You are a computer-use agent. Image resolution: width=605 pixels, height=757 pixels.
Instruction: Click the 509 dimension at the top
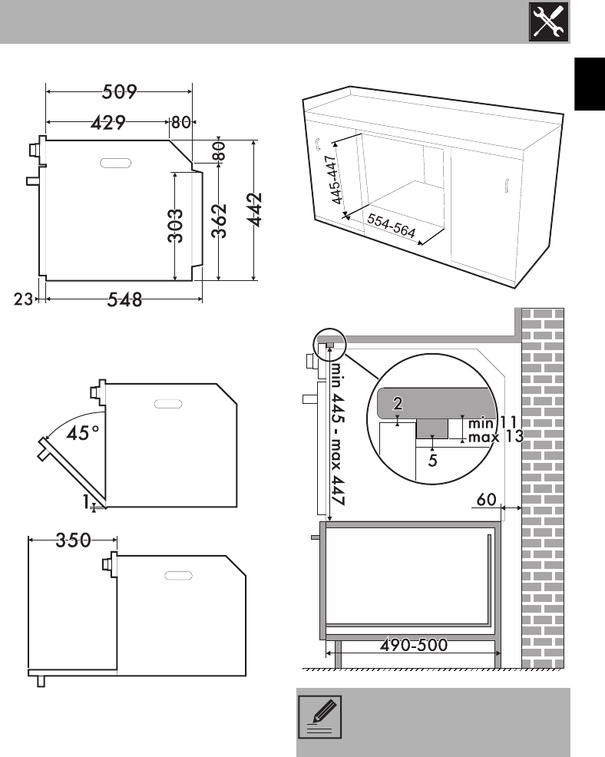pyautogui.click(x=119, y=91)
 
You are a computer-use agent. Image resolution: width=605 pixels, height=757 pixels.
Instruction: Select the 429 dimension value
pyautogui.click(x=108, y=123)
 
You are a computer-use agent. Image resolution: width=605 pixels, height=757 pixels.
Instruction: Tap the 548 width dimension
pyautogui.click(x=124, y=300)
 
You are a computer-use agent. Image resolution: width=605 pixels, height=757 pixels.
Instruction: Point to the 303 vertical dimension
pyautogui.click(x=176, y=226)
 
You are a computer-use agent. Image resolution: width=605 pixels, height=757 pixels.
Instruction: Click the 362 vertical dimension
pyautogui.click(x=220, y=220)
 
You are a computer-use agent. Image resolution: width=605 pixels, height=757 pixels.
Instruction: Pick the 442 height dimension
pyautogui.click(x=254, y=210)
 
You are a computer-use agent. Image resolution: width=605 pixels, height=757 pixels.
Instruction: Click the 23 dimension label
pyautogui.click(x=23, y=299)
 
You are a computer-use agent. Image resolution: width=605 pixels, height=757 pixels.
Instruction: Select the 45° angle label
pyautogui.click(x=83, y=432)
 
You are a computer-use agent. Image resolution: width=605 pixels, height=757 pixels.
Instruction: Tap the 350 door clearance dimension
pyautogui.click(x=74, y=540)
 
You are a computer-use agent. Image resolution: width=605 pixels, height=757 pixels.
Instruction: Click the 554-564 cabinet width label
pyautogui.click(x=392, y=226)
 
